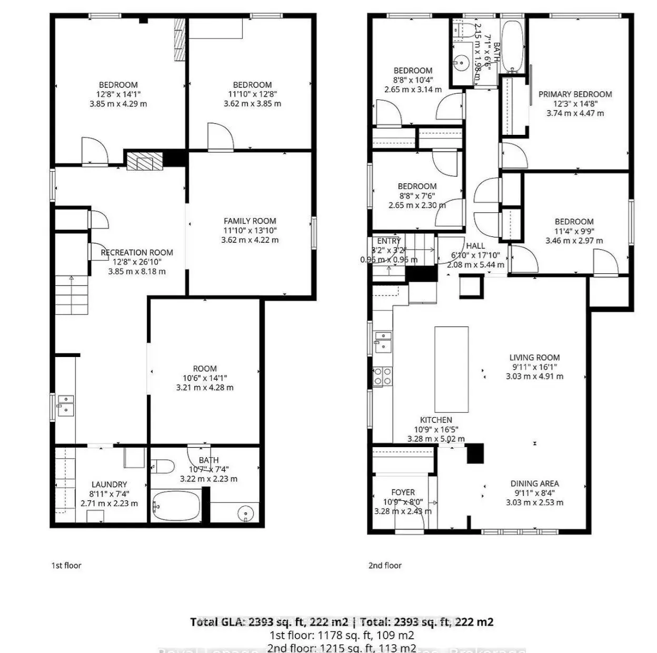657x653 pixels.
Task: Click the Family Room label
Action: point(250,221)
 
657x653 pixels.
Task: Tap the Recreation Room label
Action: point(137,253)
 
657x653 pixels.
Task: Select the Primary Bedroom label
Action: point(575,94)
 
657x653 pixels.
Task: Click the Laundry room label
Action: point(109,484)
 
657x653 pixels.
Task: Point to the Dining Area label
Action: point(534,483)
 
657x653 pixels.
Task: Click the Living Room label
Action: point(534,357)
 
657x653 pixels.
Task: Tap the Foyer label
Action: point(403,492)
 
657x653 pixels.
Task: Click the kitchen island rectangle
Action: point(451,369)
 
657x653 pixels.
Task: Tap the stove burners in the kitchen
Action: point(382,377)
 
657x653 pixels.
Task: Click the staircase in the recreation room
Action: point(72,296)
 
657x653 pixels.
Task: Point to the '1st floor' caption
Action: point(66,566)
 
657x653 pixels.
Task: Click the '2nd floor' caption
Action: point(385,566)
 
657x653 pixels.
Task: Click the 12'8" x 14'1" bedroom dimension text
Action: point(118,94)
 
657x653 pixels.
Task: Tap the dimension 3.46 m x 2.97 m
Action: point(574,241)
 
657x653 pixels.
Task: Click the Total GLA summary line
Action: point(342,622)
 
